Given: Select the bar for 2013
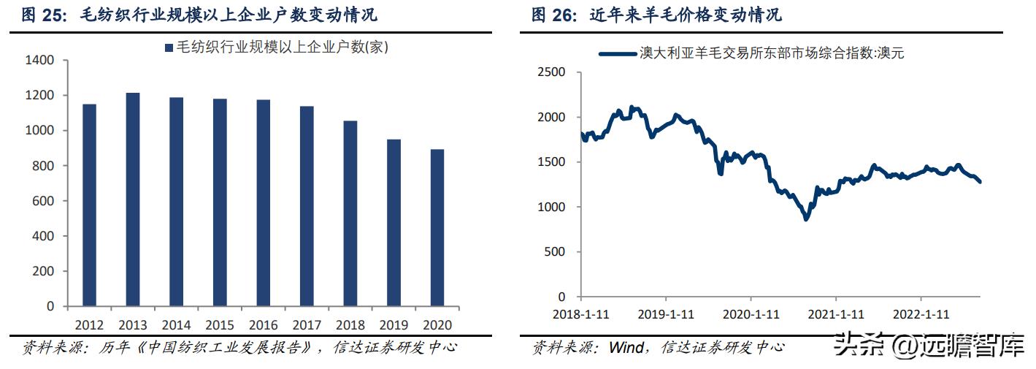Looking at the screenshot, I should pyautogui.click(x=132, y=199).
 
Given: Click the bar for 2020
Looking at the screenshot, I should pyautogui.click(x=437, y=227).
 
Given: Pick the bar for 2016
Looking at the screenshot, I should pyautogui.click(x=263, y=202).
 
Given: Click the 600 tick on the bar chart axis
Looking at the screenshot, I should pyautogui.click(x=43, y=201).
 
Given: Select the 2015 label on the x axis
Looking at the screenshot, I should pyautogui.click(x=220, y=324).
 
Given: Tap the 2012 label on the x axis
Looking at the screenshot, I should pyautogui.click(x=89, y=324).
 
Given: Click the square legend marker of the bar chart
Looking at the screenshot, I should pyautogui.click(x=169, y=48).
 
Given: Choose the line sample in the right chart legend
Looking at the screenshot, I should pyautogui.click(x=617, y=53).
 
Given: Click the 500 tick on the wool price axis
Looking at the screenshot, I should pyautogui.click(x=555, y=252).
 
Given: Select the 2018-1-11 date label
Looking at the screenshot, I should pyautogui.click(x=582, y=314).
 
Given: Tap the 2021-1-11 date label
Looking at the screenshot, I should pyautogui.click(x=837, y=314).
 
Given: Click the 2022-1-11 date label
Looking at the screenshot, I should pyautogui.click(x=922, y=314).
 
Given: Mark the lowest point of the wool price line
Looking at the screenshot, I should pyautogui.click(x=806, y=218).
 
